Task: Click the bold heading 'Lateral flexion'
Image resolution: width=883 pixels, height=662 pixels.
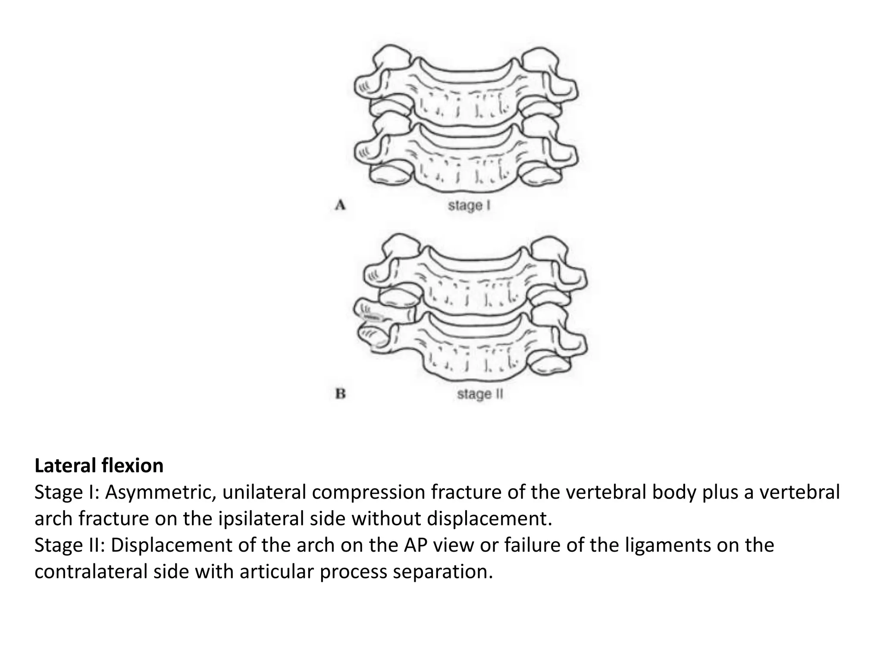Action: tap(99, 466)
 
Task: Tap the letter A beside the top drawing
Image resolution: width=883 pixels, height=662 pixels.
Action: tap(341, 206)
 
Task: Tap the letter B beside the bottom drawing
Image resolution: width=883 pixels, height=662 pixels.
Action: tap(341, 394)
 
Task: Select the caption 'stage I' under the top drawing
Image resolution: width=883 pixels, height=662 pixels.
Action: tap(470, 206)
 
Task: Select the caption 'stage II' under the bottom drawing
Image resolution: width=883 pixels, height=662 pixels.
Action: tap(480, 394)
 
